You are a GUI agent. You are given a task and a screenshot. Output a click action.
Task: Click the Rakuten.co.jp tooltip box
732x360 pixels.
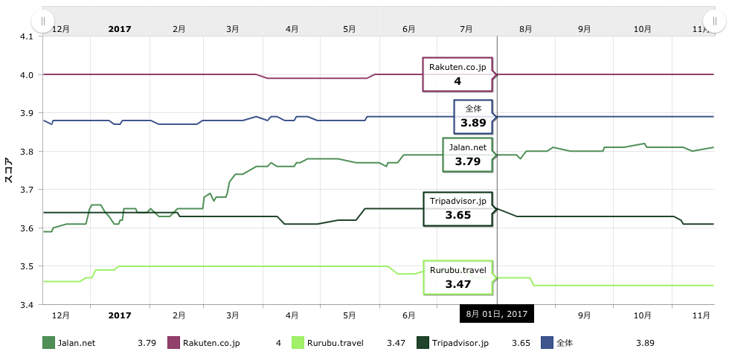tap(457, 74)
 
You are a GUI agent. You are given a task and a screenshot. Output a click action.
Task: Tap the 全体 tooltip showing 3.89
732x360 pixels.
tap(473, 116)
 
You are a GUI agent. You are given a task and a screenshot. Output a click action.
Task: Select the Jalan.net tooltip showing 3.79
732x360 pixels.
tap(468, 155)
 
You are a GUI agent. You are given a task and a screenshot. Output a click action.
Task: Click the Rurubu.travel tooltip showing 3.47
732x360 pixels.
tap(457, 277)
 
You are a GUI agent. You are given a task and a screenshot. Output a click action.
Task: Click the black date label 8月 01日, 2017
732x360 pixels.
tap(496, 314)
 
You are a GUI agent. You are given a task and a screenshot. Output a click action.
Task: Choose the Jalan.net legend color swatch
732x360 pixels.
tap(49, 343)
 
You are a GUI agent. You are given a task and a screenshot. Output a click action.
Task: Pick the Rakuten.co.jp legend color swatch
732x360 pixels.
tap(174, 343)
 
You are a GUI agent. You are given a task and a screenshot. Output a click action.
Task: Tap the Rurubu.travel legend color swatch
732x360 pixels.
tap(298, 343)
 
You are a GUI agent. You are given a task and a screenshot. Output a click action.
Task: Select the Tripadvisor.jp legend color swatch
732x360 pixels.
tap(423, 343)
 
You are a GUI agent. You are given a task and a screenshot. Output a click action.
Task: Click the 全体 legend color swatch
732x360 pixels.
tap(548, 343)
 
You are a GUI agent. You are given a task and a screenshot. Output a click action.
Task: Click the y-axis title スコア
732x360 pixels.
tap(9, 170)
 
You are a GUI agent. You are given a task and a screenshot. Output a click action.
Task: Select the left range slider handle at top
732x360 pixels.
tap(44, 21)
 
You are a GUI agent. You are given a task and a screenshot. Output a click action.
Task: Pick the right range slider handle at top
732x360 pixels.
tap(714, 21)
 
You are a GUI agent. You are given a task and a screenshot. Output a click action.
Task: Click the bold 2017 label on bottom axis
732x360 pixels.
tap(119, 315)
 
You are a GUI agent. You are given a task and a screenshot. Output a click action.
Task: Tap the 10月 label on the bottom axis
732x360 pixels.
tap(643, 315)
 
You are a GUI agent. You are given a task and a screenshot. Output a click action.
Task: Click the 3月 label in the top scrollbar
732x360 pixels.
tap(233, 28)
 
